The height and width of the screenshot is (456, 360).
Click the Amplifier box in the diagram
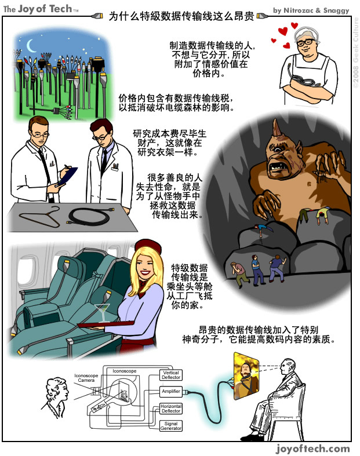[170, 392]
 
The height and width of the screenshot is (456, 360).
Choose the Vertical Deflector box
[171, 375]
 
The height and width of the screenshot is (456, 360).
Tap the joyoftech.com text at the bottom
[313, 448]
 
